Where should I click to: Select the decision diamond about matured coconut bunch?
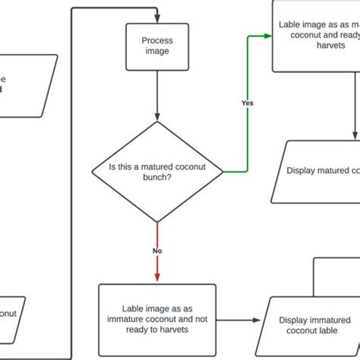(157, 171)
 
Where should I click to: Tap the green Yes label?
(247, 103)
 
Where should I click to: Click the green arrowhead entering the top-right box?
(267, 36)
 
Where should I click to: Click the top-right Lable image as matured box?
(316, 36)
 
